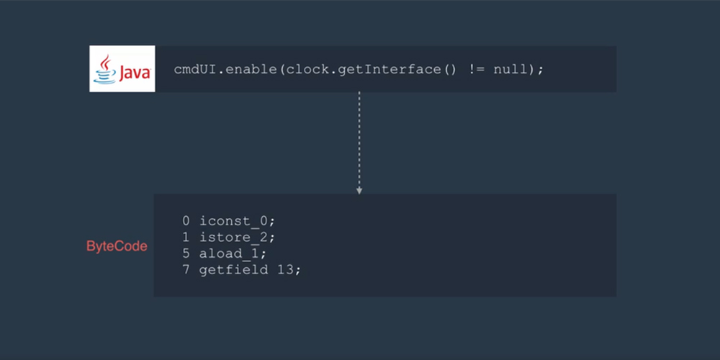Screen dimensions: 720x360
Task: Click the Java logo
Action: tap(122, 68)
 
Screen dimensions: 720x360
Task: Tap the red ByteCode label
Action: tap(117, 246)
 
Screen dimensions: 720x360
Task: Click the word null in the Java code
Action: tap(510, 70)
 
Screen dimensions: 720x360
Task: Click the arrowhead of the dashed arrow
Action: tap(359, 191)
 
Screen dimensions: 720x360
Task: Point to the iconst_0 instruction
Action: tap(237, 221)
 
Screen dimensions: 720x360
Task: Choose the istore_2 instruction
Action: tap(237, 238)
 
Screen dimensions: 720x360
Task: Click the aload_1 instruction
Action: tap(233, 254)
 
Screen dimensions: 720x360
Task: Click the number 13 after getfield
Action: tap(284, 270)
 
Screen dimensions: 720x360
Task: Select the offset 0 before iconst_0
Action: tap(186, 221)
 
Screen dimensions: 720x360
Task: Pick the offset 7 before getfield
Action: tap(186, 270)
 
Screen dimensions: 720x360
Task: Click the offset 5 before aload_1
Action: tap(186, 253)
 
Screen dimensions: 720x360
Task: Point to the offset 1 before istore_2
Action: tap(186, 238)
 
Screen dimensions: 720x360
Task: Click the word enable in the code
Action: tap(251, 70)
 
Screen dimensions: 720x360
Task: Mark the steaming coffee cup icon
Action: tap(105, 70)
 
